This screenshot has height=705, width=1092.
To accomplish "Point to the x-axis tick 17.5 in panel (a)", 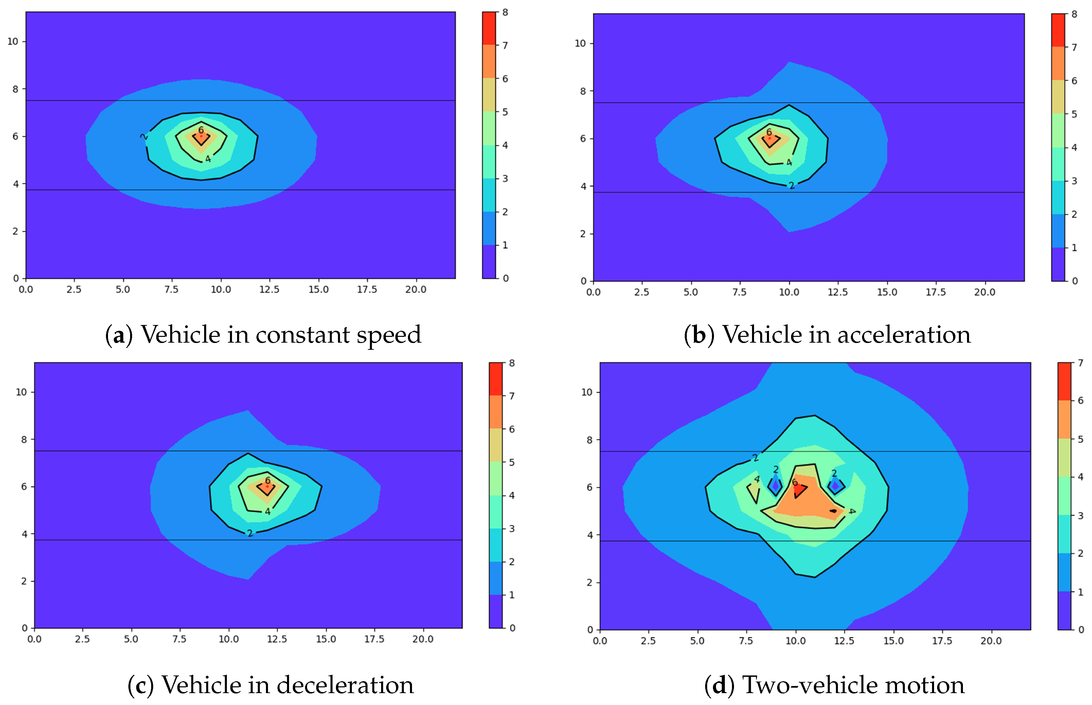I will (x=367, y=289).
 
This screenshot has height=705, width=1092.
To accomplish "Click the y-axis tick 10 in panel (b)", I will (x=580, y=43).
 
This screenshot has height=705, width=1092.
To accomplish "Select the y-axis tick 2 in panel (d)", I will (x=590, y=583).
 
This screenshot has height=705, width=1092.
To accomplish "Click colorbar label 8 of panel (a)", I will (x=505, y=12).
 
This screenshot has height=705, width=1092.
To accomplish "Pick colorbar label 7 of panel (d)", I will (x=1080, y=363).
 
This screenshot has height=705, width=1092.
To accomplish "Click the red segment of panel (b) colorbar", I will (x=1058, y=30).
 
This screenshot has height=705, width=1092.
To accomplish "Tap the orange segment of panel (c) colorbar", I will (x=496, y=412).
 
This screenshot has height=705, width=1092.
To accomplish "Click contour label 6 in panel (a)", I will (x=200, y=130).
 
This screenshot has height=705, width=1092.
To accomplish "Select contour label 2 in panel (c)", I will (x=250, y=533).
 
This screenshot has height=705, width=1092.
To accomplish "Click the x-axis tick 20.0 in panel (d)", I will (x=991, y=641).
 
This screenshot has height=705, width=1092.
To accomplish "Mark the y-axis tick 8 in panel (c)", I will (x=24, y=439).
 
